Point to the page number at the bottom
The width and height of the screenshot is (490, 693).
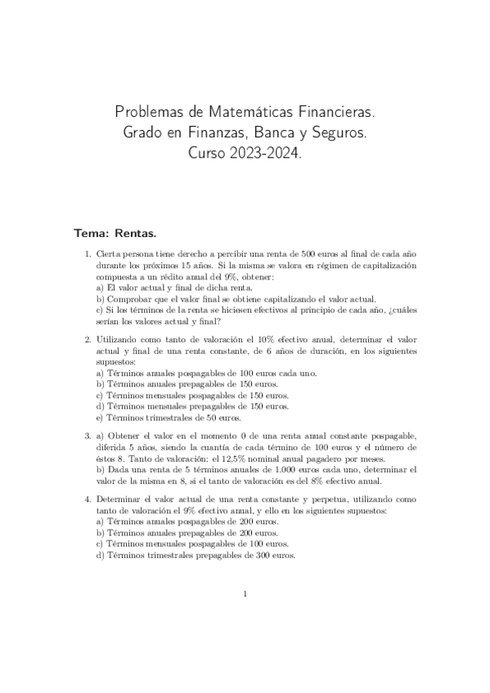[245, 594]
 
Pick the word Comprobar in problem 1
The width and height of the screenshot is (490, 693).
[123, 299]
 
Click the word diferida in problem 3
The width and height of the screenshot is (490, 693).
[112, 449]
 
